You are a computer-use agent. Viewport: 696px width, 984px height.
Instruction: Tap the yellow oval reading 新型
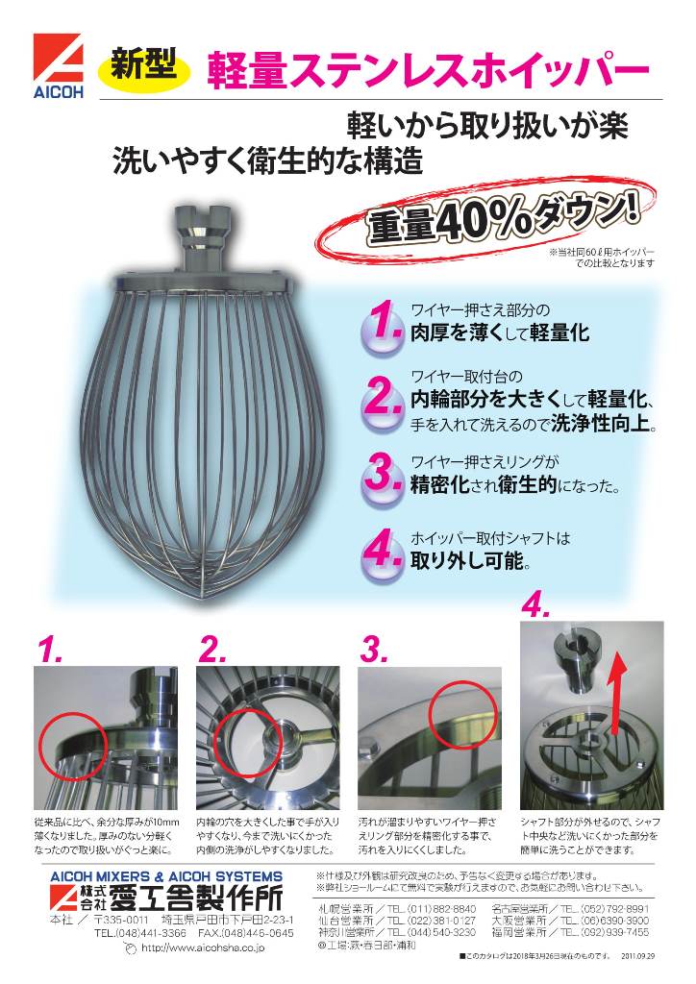(x=143, y=66)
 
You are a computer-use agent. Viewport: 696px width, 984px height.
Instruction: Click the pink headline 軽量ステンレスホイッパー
(x=427, y=71)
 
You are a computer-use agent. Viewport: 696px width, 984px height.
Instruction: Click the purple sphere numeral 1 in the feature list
(x=382, y=326)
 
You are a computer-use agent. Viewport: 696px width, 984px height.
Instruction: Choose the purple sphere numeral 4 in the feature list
(x=382, y=551)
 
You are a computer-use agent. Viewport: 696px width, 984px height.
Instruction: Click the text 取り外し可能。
(x=470, y=559)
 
